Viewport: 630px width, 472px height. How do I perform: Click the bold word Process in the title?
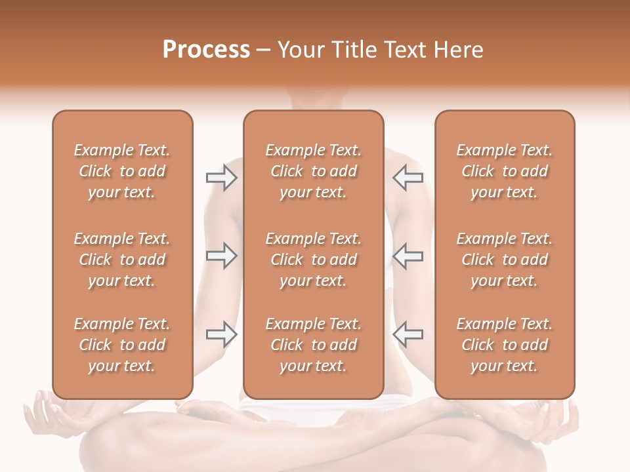pos(206,50)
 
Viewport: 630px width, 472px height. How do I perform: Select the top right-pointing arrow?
pos(221,178)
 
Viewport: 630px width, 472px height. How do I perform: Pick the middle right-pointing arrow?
pos(221,256)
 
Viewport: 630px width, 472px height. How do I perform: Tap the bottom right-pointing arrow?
pos(221,334)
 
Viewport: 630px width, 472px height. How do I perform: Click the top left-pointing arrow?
pos(408,178)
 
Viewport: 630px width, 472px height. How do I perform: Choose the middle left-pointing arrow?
pos(408,256)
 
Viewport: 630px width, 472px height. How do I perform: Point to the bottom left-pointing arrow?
pos(408,334)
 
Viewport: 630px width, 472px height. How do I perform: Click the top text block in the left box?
pos(122,171)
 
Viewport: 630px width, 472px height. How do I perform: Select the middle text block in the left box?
pos(122,260)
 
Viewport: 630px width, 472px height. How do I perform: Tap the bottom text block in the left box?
pos(122,345)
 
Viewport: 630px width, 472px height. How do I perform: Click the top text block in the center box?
pos(313,171)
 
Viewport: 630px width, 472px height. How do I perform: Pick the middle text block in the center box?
pos(313,260)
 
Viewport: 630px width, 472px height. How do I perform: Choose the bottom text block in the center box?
pos(313,345)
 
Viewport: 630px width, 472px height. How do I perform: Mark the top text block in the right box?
pos(504,171)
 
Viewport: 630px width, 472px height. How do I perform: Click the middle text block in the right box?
pos(504,260)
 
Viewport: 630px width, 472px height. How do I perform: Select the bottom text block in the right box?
pos(504,345)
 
